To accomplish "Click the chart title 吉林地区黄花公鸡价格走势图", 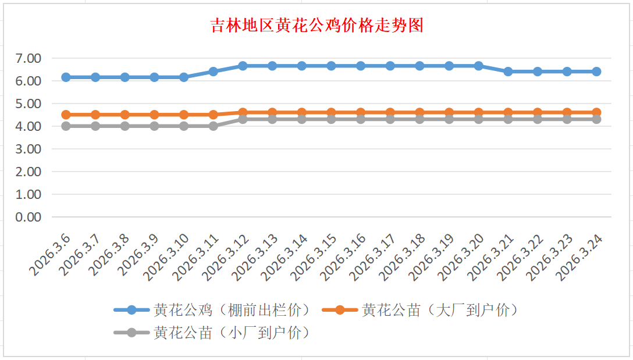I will pyautogui.click(x=316, y=26).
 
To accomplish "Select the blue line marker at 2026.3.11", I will pyautogui.click(x=213, y=72).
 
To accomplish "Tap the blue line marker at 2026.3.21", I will pyautogui.click(x=508, y=72).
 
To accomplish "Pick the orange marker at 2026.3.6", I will pyautogui.click(x=66, y=115).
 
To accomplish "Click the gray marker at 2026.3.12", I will pyautogui.click(x=243, y=119).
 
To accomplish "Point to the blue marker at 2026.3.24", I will pyautogui.click(x=596, y=72).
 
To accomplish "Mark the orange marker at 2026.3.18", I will pyautogui.click(x=419, y=112).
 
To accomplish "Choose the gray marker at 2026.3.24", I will pyautogui.click(x=596, y=119).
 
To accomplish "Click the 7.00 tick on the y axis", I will pyautogui.click(x=29, y=58).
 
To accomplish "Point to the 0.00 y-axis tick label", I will pyautogui.click(x=29, y=217).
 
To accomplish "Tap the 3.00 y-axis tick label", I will pyautogui.click(x=29, y=149).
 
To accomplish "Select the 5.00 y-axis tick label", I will pyautogui.click(x=29, y=104).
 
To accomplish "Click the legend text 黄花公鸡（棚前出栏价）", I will pyautogui.click(x=232, y=310).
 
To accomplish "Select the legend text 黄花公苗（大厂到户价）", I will pyautogui.click(x=439, y=310).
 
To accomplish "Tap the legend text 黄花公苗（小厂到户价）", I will pyautogui.click(x=232, y=333).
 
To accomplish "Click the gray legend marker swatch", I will pyautogui.click(x=131, y=333).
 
